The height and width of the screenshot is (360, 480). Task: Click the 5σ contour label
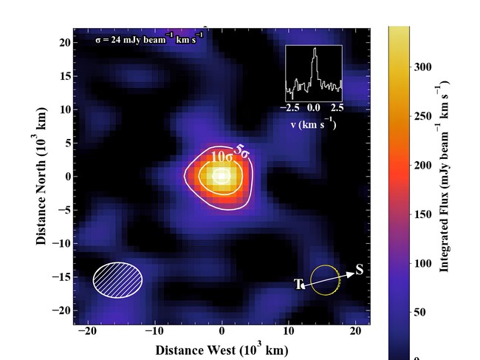pyautogui.click(x=242, y=149)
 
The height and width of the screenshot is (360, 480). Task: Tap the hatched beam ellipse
pyautogui.click(x=118, y=279)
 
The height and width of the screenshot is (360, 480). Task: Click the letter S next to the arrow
pyautogui.click(x=360, y=270)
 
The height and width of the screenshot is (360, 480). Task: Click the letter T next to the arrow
pyautogui.click(x=299, y=285)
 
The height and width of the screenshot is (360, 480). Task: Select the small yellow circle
pyautogui.click(x=325, y=279)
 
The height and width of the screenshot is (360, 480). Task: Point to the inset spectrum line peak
pyautogui.click(x=315, y=50)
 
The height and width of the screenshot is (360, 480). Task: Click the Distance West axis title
pyautogui.click(x=221, y=350)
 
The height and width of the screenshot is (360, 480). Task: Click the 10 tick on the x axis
pyautogui.click(x=289, y=333)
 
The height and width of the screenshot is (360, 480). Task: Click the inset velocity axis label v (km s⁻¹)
pyautogui.click(x=313, y=124)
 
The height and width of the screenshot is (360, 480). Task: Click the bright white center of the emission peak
pyautogui.click(x=222, y=176)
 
